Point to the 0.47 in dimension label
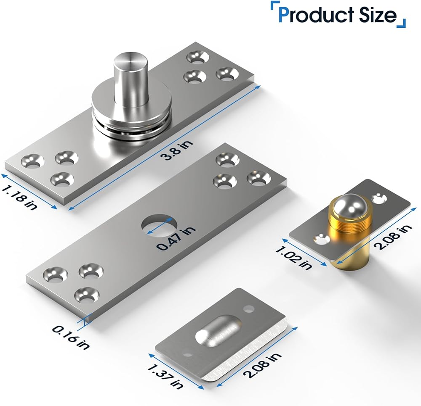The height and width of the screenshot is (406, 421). tap(176, 238)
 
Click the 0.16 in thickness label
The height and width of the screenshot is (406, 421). tap(70, 337)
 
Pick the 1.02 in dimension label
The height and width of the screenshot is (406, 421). tap(294, 258)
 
